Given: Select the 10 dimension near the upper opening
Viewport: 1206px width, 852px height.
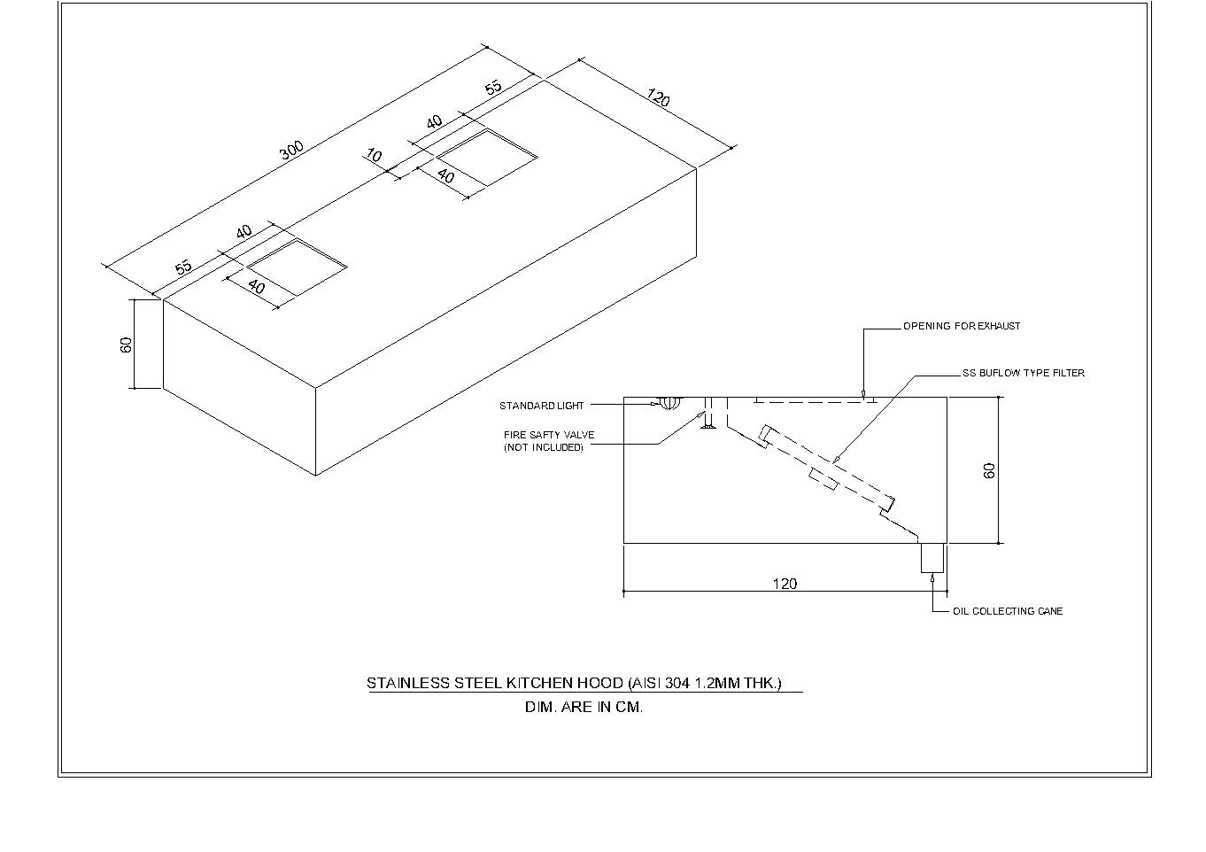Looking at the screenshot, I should click(x=374, y=157).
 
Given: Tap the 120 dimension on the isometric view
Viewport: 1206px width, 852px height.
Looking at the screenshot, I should click(x=658, y=97).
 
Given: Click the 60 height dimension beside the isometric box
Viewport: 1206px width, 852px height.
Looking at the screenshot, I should click(x=127, y=345).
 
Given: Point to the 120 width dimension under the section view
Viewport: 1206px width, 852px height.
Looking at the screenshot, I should click(x=785, y=584).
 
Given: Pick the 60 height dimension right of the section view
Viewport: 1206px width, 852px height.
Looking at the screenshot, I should click(x=990, y=470).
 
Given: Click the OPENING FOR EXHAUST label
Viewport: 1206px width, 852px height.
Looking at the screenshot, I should click(x=961, y=326).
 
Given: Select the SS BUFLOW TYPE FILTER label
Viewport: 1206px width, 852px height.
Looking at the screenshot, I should click(x=1023, y=373).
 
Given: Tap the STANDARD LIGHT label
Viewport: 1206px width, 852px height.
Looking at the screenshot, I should click(x=541, y=406).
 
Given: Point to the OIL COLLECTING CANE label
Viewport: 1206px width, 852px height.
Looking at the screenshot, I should click(x=1007, y=611).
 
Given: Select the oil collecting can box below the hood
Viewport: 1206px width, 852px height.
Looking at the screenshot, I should click(x=932, y=558).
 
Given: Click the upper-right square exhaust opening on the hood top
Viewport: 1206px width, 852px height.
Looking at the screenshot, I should click(x=487, y=157).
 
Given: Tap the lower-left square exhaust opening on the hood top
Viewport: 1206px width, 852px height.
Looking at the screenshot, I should click(x=297, y=267).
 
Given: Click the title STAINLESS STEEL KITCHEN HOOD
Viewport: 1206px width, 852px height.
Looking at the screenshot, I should click(x=574, y=683).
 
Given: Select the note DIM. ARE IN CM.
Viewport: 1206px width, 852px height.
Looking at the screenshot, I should click(x=584, y=708).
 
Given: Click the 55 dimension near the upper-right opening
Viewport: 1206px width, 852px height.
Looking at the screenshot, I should click(x=493, y=87).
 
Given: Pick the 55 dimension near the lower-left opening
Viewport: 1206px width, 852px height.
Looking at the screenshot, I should click(x=183, y=267).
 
